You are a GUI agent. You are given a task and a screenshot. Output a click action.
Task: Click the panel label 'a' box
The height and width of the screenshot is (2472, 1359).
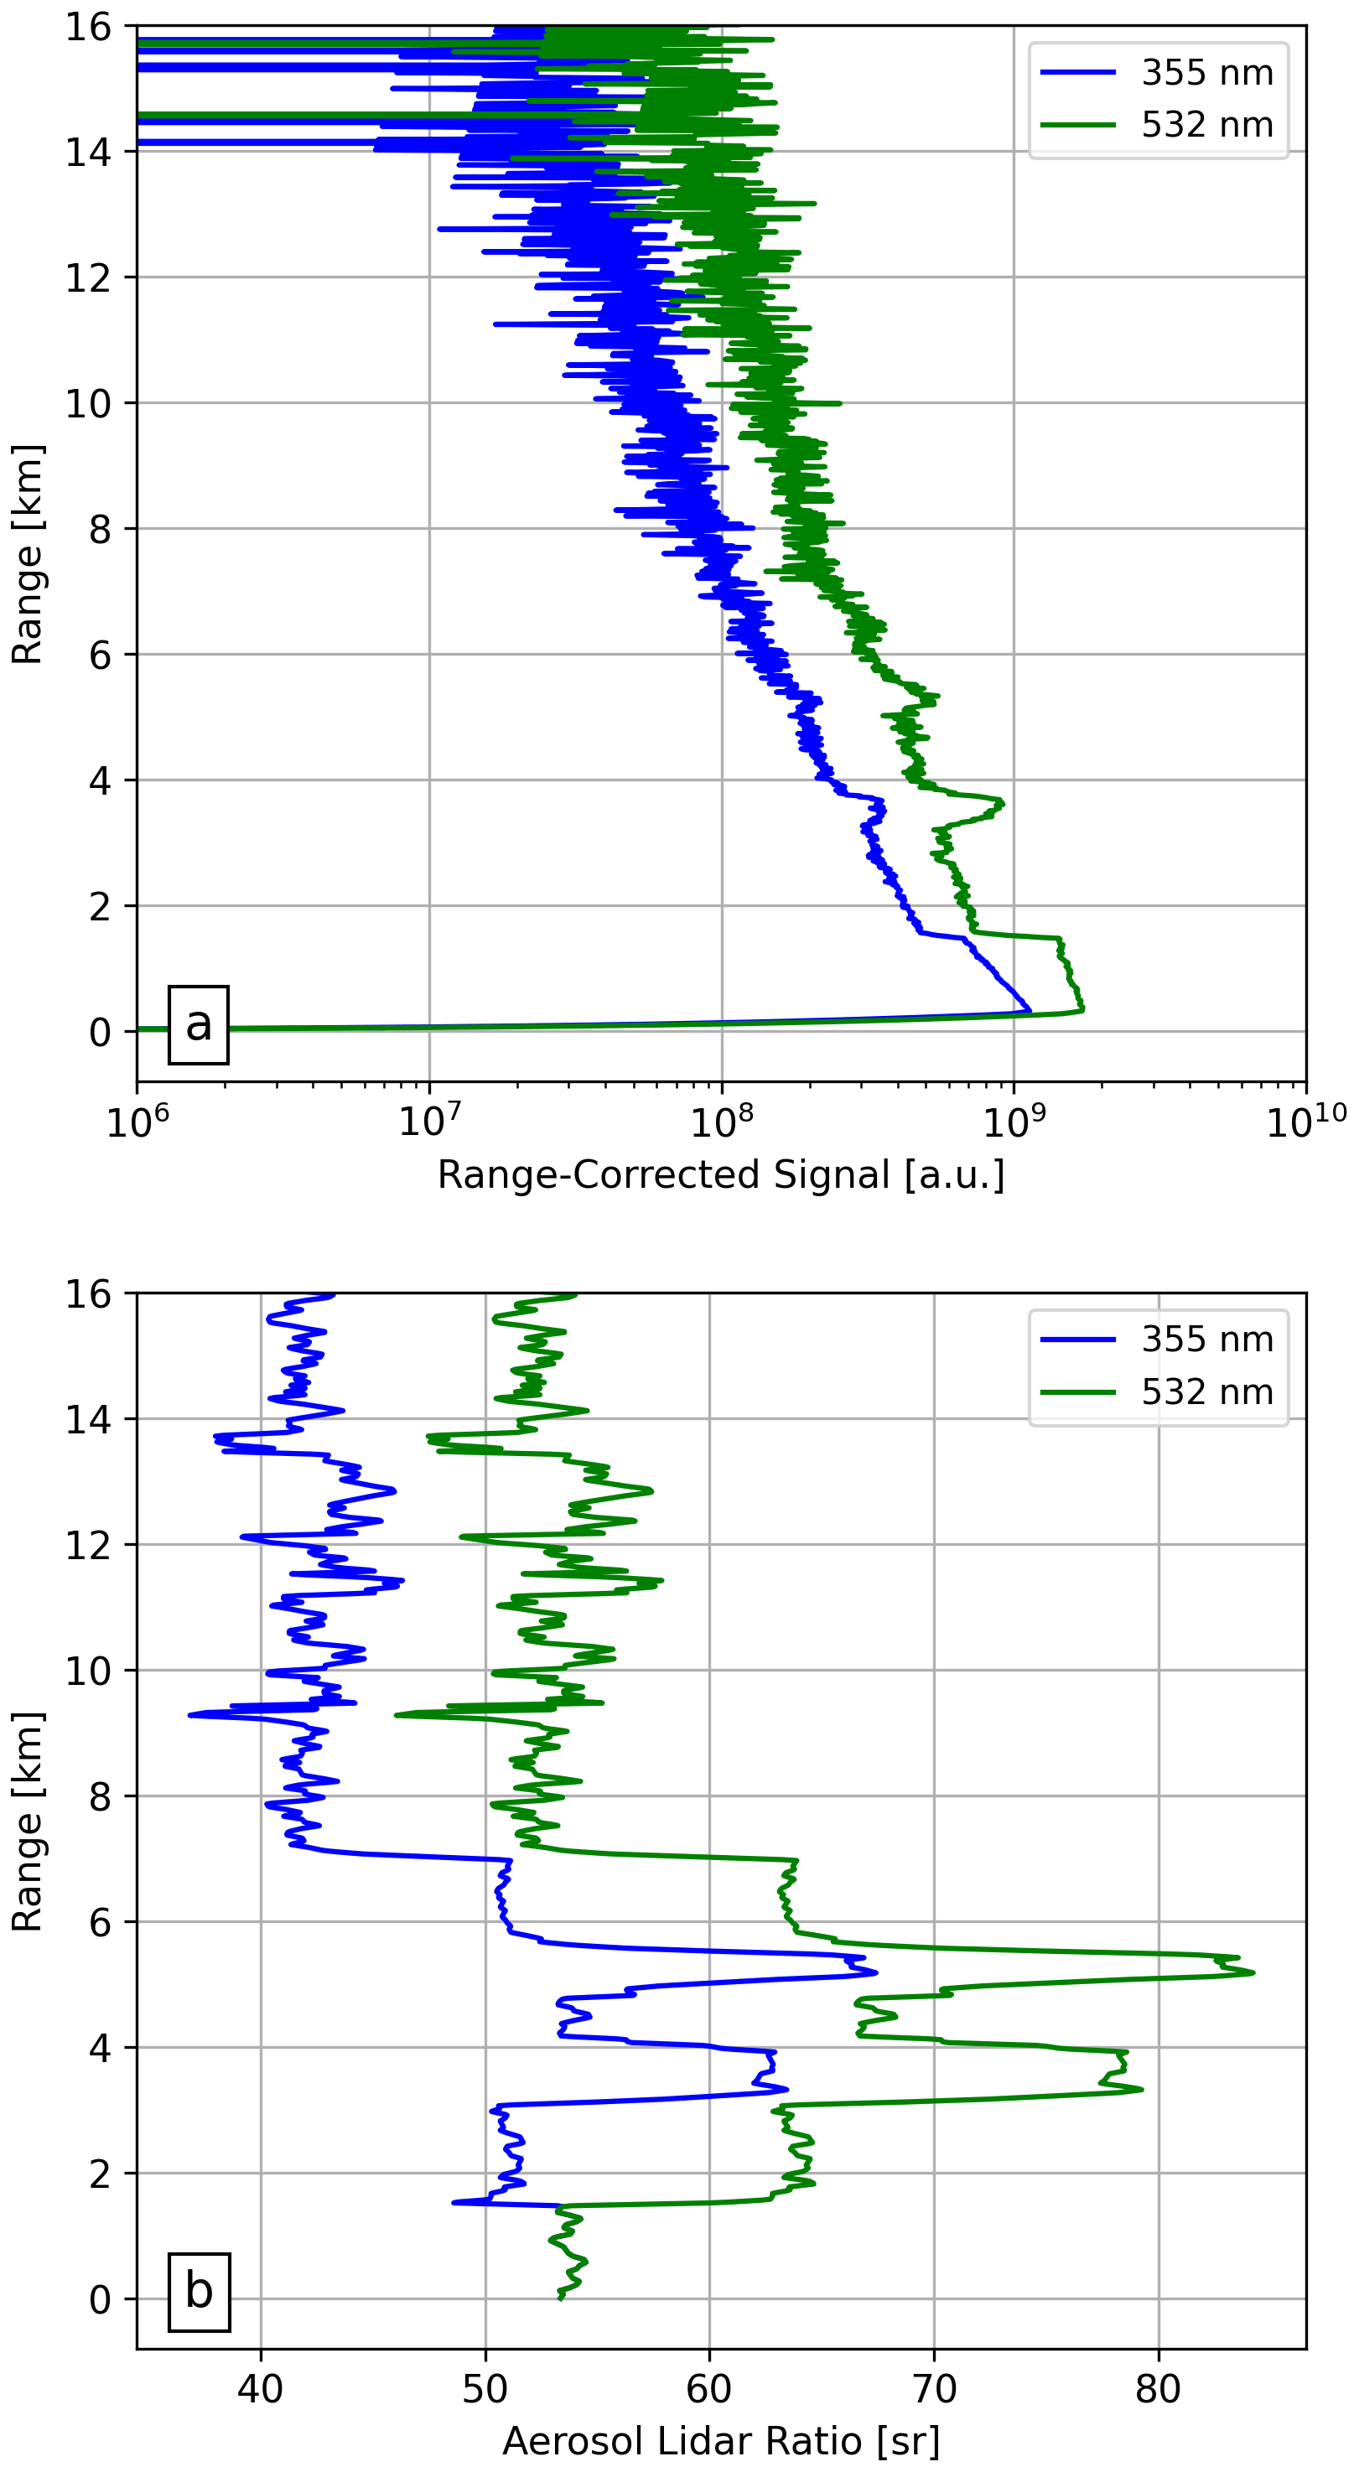198,1025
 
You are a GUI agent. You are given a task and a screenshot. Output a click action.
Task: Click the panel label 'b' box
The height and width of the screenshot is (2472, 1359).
199,2292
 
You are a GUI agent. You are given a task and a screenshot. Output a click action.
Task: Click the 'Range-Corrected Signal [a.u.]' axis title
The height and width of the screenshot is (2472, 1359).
721,1174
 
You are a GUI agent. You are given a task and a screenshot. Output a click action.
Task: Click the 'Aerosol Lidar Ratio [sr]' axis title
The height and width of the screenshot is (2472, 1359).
721,2440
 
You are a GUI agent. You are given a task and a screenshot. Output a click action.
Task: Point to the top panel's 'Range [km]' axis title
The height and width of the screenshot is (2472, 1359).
27,554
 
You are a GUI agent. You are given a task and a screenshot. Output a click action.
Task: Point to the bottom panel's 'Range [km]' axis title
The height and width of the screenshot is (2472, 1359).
27,1821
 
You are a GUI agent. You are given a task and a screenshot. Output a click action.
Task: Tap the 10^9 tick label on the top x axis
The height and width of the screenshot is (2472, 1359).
1013,1121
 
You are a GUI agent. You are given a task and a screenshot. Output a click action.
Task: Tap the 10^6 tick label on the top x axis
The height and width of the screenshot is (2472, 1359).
137,1121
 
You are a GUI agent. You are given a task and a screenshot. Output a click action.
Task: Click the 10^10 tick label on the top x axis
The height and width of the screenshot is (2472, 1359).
1305,1121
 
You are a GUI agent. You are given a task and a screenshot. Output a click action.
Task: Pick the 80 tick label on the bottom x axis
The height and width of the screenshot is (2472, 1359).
1158,2388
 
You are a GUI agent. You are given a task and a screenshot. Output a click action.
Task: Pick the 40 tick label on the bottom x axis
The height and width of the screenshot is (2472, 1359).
260,2388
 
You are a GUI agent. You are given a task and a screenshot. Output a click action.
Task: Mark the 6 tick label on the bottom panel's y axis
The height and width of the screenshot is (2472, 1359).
100,1922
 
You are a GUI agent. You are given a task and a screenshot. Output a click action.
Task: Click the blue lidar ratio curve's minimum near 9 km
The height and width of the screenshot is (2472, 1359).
190,1715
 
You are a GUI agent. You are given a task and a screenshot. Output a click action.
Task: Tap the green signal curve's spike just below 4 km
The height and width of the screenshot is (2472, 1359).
1002,802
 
